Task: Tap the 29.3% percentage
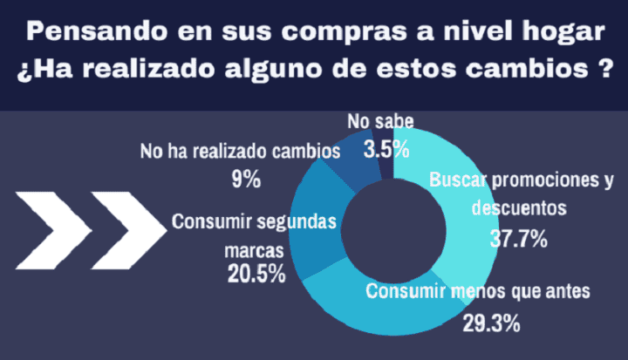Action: coord(491,323)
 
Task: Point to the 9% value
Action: coord(247,180)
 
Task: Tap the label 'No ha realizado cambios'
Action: coord(240,152)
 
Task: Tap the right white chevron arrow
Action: coord(128,228)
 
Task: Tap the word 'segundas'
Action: coord(294,221)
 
